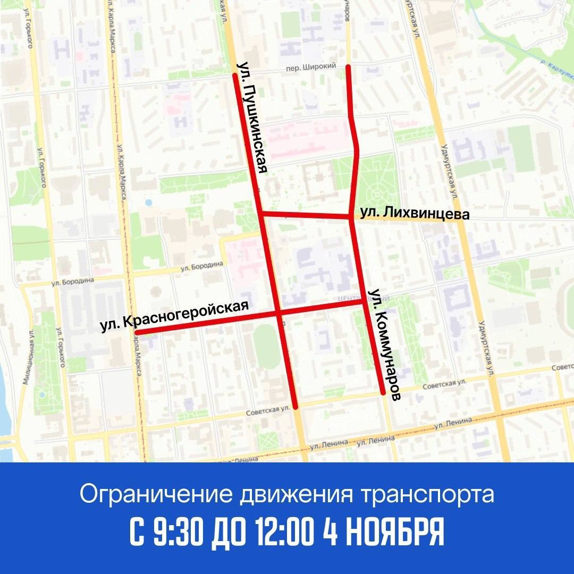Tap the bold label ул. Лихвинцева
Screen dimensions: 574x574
pyautogui.click(x=415, y=214)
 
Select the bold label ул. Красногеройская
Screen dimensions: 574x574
pyautogui.click(x=175, y=317)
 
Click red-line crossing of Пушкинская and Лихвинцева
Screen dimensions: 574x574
pyautogui.click(x=260, y=214)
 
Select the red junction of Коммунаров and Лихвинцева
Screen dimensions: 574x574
pyautogui.click(x=350, y=217)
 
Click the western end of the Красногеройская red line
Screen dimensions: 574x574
pyautogui.click(x=137, y=333)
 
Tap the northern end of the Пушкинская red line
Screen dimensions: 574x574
pyautogui.click(x=234, y=75)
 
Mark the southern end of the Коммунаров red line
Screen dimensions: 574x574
pyautogui.click(x=382, y=393)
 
